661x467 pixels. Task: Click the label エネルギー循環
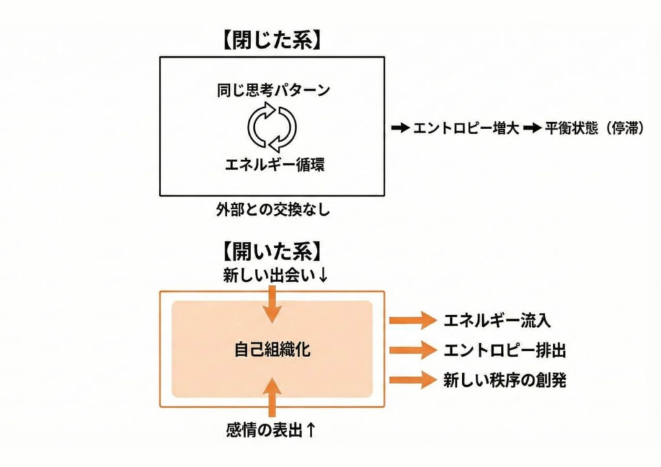tap(274, 164)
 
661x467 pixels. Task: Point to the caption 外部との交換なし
tap(273, 211)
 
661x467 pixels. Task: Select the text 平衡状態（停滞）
tap(593, 128)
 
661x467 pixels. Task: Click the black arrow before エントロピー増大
tap(401, 128)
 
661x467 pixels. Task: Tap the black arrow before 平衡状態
tap(531, 128)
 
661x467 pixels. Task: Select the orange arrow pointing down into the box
tap(274, 304)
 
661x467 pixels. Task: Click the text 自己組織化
tap(272, 350)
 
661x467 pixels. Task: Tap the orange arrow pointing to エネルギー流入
tap(413, 319)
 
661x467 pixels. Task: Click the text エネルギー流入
tap(498, 319)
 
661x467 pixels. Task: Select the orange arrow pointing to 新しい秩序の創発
tap(413, 380)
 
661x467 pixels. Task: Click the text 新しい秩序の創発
tap(504, 380)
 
